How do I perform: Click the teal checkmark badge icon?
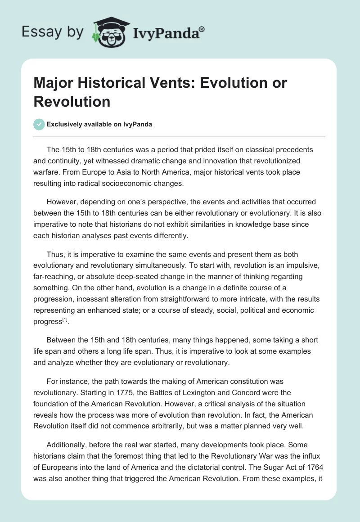point(40,124)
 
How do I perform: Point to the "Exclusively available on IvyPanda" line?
point(99,124)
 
